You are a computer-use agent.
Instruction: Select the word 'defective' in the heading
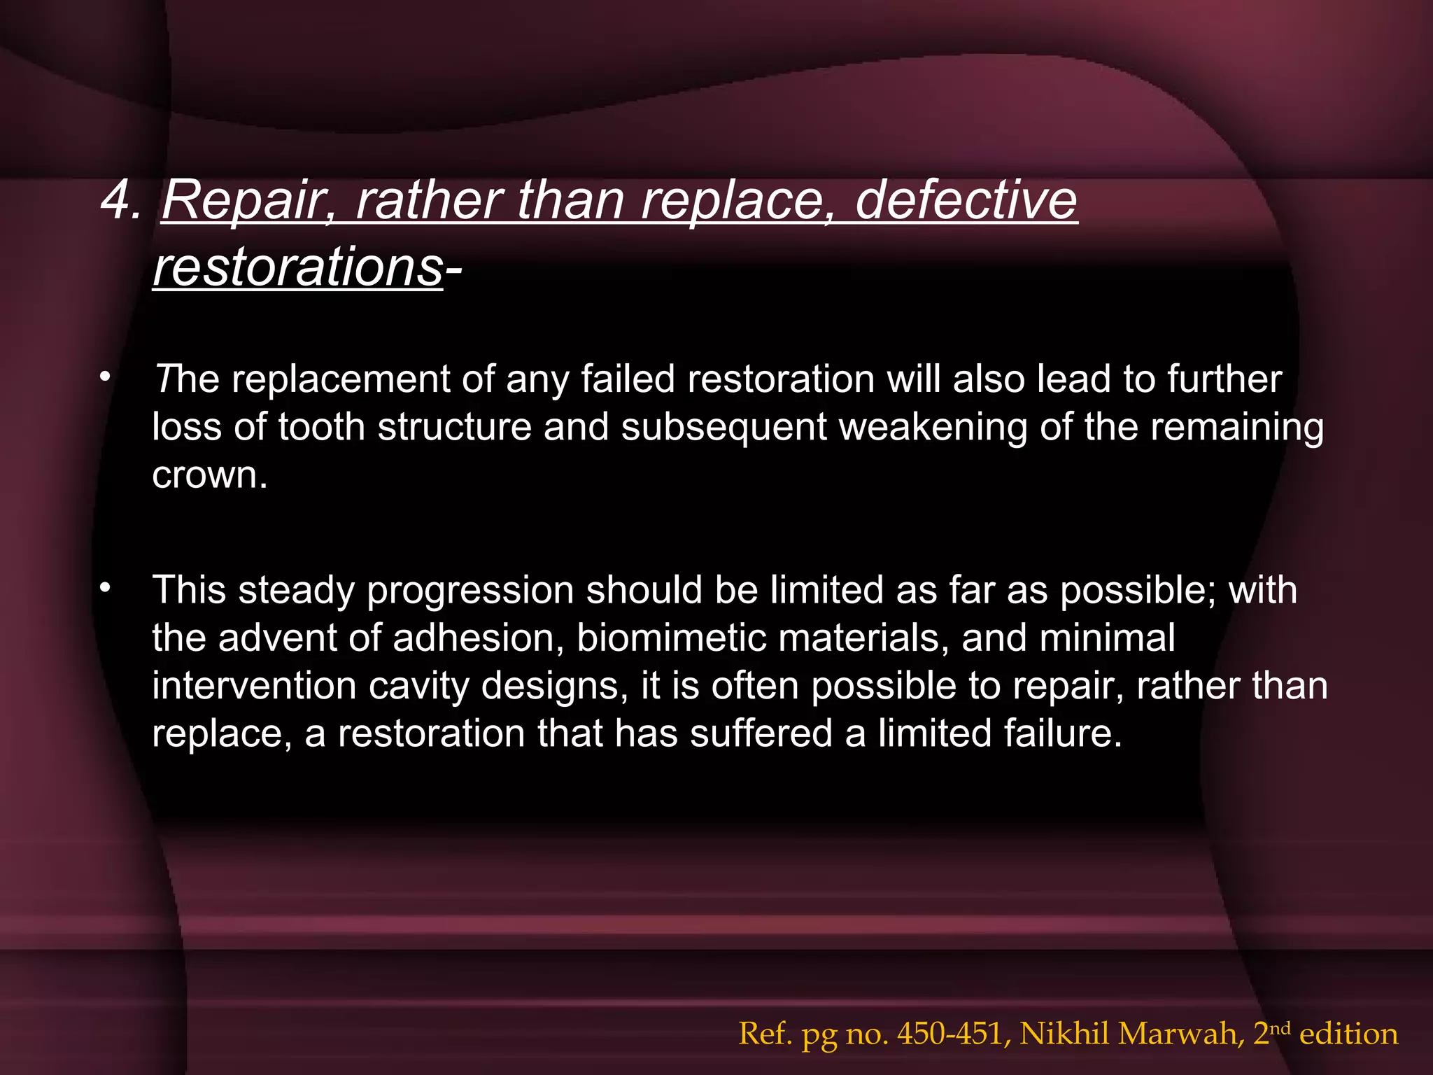(966, 200)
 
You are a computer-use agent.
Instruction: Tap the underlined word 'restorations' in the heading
(297, 267)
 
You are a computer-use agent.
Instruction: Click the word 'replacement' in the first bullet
(340, 379)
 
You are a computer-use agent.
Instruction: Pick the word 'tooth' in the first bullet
(321, 427)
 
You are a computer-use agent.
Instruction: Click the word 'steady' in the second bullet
(297, 591)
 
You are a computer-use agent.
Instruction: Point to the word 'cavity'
(419, 686)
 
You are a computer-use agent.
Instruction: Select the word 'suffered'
(761, 733)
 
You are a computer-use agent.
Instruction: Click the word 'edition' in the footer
(1348, 1034)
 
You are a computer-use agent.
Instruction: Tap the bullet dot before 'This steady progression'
(105, 589)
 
